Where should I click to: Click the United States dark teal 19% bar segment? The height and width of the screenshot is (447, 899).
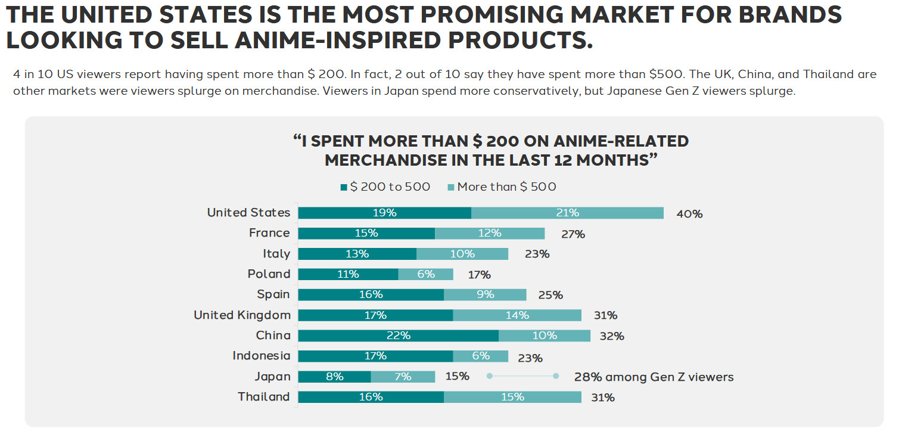(384, 213)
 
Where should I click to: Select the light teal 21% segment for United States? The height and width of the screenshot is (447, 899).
(567, 213)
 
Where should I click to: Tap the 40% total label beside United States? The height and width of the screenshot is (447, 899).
(689, 214)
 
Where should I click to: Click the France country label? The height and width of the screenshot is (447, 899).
(269, 233)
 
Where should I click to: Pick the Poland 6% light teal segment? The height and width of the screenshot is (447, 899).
(425, 274)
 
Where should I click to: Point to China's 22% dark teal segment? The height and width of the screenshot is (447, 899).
(398, 336)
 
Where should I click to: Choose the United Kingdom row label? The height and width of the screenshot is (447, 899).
(242, 315)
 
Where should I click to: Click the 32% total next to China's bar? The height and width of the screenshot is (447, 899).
(612, 336)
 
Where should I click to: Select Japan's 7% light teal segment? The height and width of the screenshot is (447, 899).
(403, 377)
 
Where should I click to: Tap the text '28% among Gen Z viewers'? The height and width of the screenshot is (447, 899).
(654, 377)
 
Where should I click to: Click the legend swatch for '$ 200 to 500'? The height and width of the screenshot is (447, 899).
(343, 188)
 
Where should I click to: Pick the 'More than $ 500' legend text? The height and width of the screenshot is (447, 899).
(506, 187)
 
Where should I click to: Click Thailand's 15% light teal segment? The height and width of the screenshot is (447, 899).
(512, 397)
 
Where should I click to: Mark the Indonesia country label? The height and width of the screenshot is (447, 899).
(261, 356)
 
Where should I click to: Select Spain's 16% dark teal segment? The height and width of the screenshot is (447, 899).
(371, 294)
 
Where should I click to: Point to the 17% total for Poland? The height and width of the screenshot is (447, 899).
(479, 275)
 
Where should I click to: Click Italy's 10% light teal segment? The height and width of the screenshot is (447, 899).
(462, 254)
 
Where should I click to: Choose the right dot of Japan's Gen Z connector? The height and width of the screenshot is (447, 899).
(556, 376)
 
